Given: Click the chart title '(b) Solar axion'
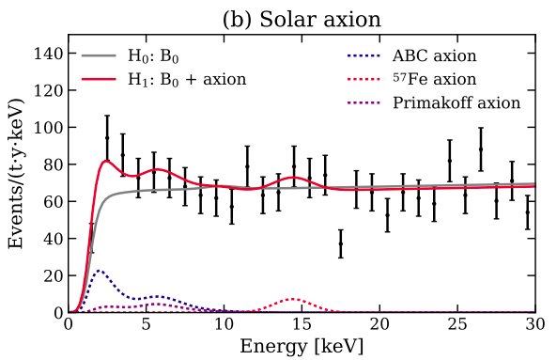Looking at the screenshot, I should pyautogui.click(x=301, y=18).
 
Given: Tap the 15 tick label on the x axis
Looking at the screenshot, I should pyautogui.click(x=301, y=325).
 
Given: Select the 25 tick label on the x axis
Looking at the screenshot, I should pyautogui.click(x=456, y=325).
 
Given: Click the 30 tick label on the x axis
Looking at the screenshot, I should pyautogui.click(x=534, y=325).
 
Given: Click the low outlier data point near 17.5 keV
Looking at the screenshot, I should pyautogui.click(x=340, y=243).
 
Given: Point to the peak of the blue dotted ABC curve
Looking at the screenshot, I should pyautogui.click(x=100, y=271).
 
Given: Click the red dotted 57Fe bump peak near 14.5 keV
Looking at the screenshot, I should pyautogui.click(x=294, y=299).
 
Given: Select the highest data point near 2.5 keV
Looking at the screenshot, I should pyautogui.click(x=107, y=138).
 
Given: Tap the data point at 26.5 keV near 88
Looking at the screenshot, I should pyautogui.click(x=481, y=149).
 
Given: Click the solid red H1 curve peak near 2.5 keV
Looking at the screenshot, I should pyautogui.click(x=106, y=161).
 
